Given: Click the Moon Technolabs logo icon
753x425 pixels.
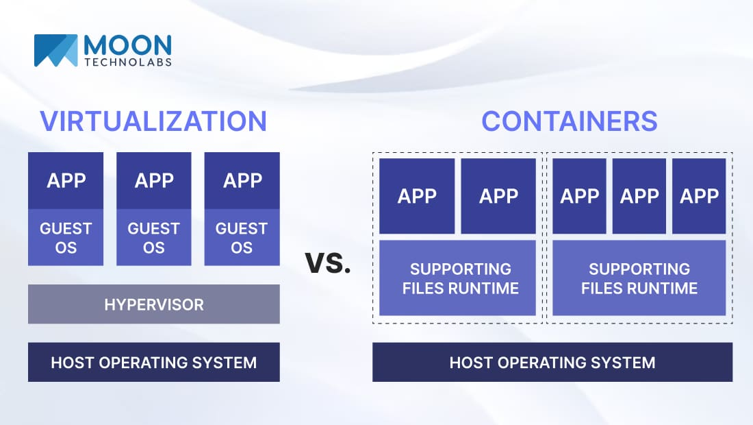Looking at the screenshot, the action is click(x=55, y=51).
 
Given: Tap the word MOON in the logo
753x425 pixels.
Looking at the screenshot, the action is click(x=127, y=45).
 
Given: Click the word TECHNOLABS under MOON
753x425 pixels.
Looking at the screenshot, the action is click(x=128, y=62).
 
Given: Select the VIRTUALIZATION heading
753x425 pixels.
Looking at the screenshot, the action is click(x=153, y=121).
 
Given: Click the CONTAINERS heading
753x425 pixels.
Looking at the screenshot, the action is click(x=570, y=121).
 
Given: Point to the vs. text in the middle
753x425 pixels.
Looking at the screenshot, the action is click(x=328, y=263).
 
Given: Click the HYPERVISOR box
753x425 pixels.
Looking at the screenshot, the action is click(x=153, y=304).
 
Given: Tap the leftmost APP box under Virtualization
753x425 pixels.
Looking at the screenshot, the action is click(x=66, y=181).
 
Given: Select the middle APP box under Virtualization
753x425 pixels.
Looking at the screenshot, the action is click(x=153, y=181).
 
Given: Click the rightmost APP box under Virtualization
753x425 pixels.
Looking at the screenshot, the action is click(x=242, y=181).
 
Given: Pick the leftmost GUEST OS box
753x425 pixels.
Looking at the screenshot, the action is click(x=66, y=237).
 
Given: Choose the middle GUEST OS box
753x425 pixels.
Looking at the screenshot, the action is click(x=153, y=237).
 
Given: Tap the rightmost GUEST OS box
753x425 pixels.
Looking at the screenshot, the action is click(x=242, y=237).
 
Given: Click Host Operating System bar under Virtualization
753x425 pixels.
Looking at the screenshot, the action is click(x=153, y=362).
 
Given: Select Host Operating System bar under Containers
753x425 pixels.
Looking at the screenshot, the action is click(x=552, y=362).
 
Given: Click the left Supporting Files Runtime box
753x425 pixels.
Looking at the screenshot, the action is click(x=458, y=278).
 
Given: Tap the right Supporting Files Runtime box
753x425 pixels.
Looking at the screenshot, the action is click(x=639, y=278).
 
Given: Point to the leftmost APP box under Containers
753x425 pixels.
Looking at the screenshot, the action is click(x=417, y=196).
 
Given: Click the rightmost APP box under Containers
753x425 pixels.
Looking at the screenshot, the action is click(x=699, y=196).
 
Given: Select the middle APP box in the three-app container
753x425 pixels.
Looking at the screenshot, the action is click(x=639, y=196).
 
